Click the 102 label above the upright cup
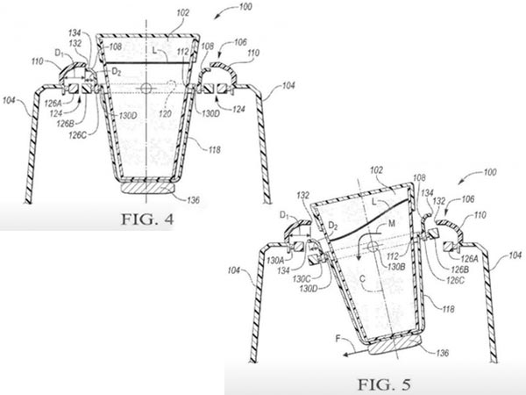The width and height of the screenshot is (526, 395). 182,14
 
